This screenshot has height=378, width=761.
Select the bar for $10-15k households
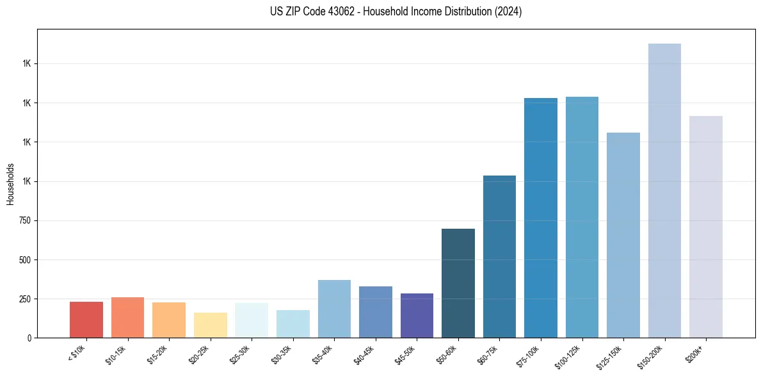pyautogui.click(x=127, y=318)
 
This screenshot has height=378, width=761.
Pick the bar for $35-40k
pyautogui.click(x=334, y=309)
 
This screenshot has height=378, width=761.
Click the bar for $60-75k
pyautogui.click(x=499, y=256)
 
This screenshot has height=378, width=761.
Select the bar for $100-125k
pyautogui.click(x=582, y=217)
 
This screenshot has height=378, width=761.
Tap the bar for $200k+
pyautogui.click(x=706, y=227)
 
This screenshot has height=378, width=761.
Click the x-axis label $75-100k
pyautogui.click(x=529, y=355)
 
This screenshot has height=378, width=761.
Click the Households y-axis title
pyautogui.click(x=10, y=184)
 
